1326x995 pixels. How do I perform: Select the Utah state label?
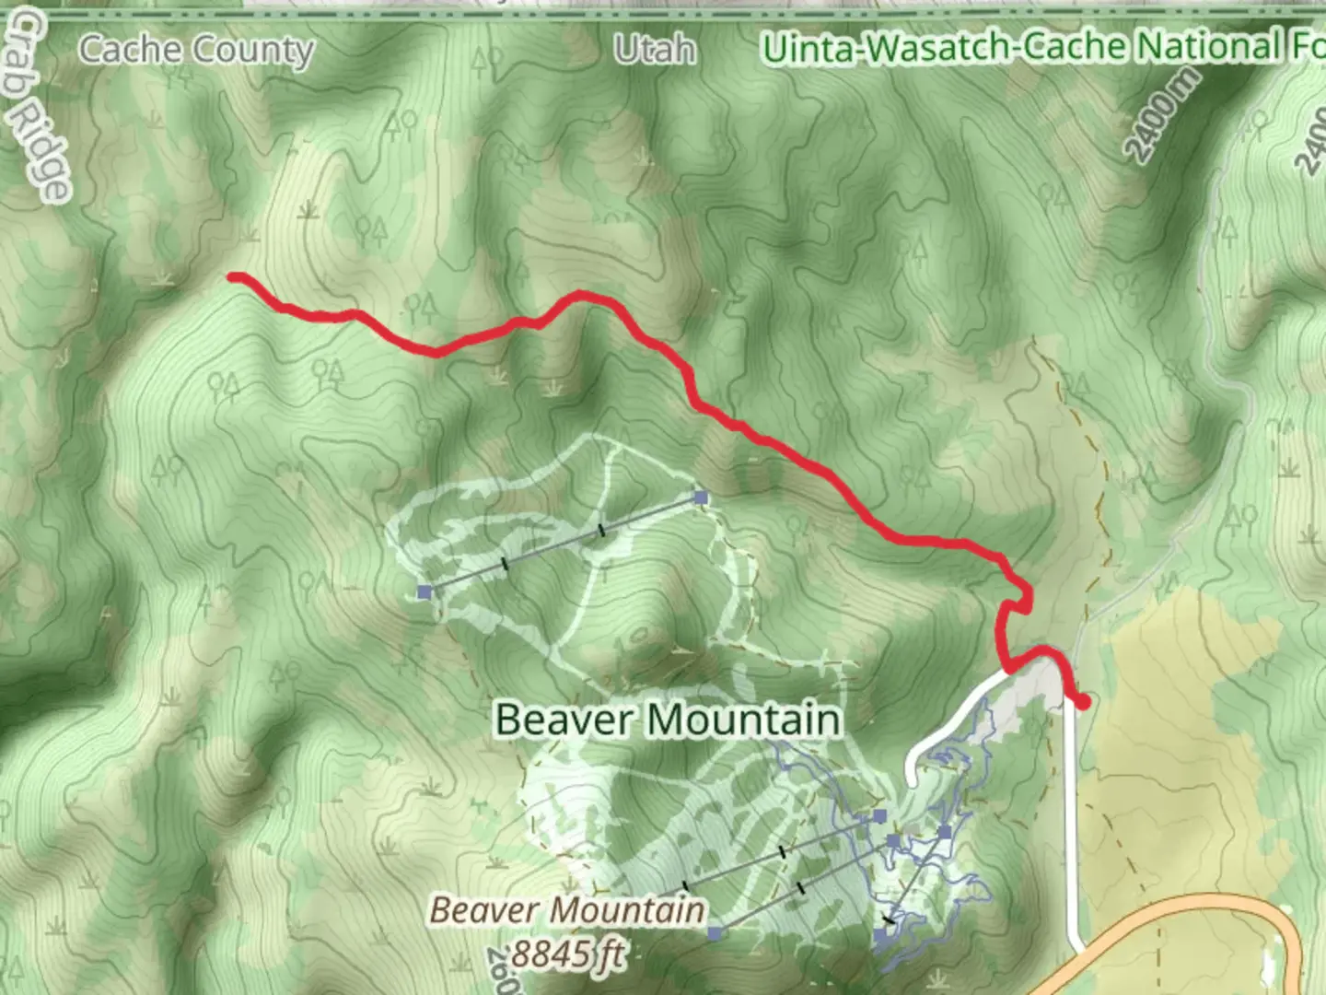[x=655, y=49]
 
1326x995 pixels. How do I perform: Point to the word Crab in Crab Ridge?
[x=28, y=55]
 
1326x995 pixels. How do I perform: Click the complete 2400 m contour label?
[x=1163, y=115]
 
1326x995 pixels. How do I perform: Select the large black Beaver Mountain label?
[x=668, y=719]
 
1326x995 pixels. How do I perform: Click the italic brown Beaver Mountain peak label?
[x=567, y=910]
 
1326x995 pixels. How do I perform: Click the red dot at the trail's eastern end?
[x=1084, y=702]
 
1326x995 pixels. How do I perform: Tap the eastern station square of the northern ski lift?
[x=702, y=498]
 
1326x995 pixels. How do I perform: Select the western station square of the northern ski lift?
[x=425, y=591]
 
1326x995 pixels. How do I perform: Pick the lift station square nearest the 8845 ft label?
[x=715, y=933]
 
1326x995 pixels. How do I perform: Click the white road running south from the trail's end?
[x=1070, y=829]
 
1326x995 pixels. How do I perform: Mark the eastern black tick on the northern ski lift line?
[x=601, y=531]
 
